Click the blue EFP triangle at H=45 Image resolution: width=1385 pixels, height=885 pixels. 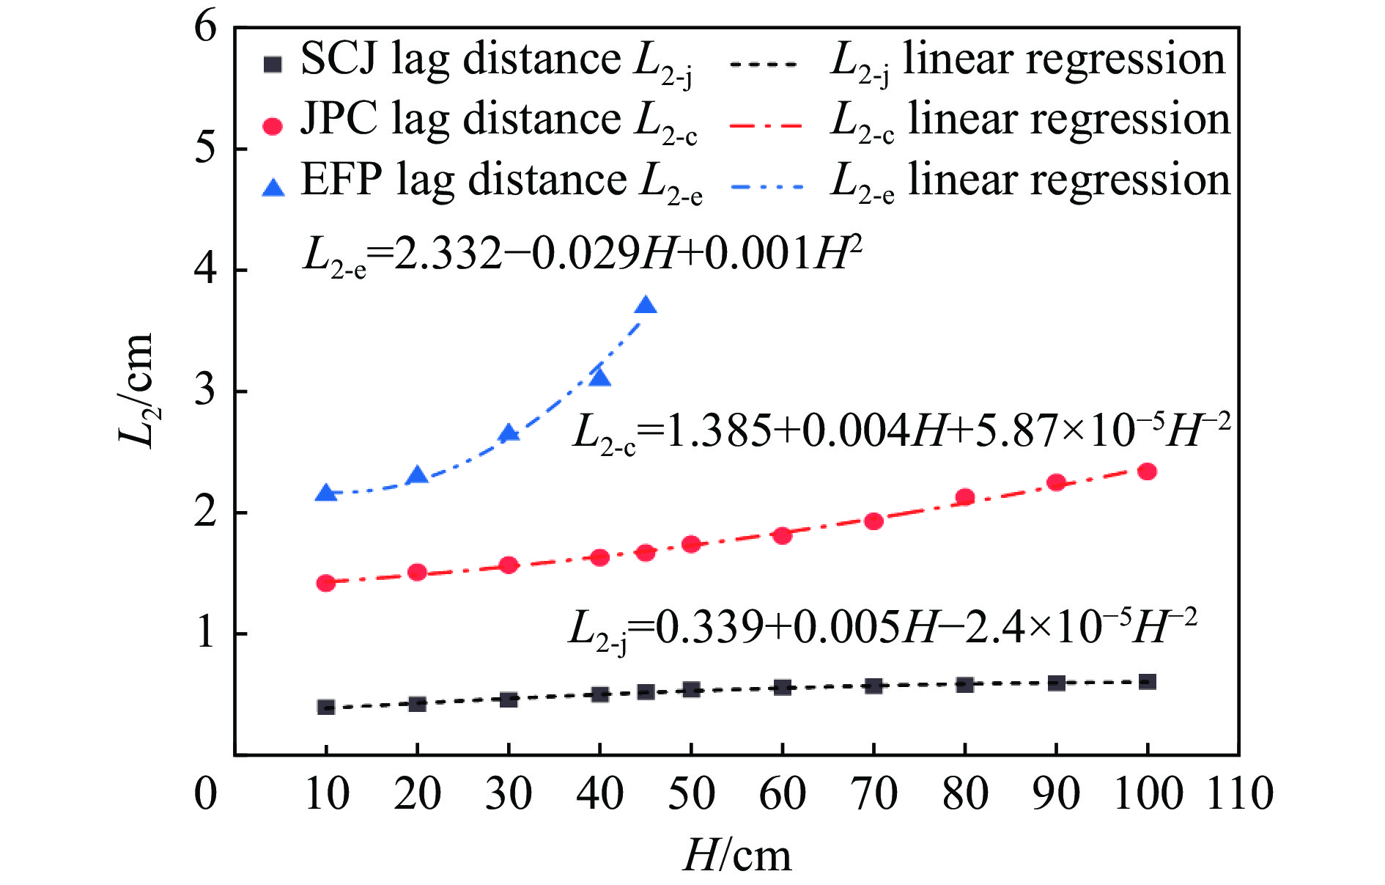tap(646, 306)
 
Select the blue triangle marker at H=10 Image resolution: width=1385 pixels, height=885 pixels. tap(326, 493)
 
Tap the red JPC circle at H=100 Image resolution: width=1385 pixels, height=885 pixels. tap(1148, 471)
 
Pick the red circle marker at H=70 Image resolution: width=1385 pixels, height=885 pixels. tap(874, 521)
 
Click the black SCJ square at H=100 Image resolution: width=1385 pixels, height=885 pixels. tap(1148, 682)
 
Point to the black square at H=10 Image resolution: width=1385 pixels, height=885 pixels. tap(326, 707)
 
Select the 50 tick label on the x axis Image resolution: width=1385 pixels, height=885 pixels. tap(691, 793)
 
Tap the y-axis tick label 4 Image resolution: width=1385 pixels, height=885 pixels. tap(205, 270)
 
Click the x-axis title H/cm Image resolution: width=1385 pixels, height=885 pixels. tap(737, 856)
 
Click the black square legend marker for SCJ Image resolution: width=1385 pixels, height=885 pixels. tap(273, 65)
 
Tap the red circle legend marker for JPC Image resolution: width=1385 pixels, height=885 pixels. tap(273, 126)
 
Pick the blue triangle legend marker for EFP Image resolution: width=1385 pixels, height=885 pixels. tap(273, 188)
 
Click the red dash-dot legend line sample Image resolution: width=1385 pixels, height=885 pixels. tap(767, 125)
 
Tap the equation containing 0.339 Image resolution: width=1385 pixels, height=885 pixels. tap(882, 629)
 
